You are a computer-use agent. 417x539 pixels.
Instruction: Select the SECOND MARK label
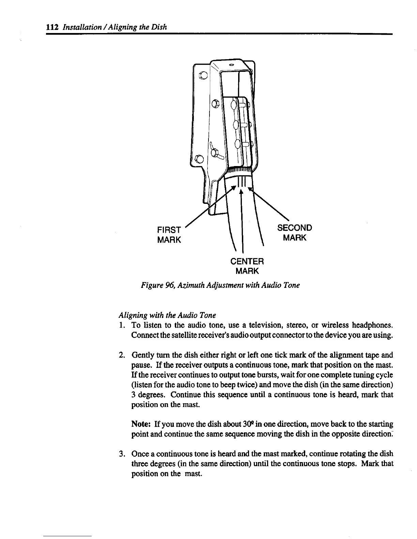295,232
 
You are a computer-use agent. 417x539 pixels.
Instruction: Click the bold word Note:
141,424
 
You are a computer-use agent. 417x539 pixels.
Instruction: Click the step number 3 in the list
121,454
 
